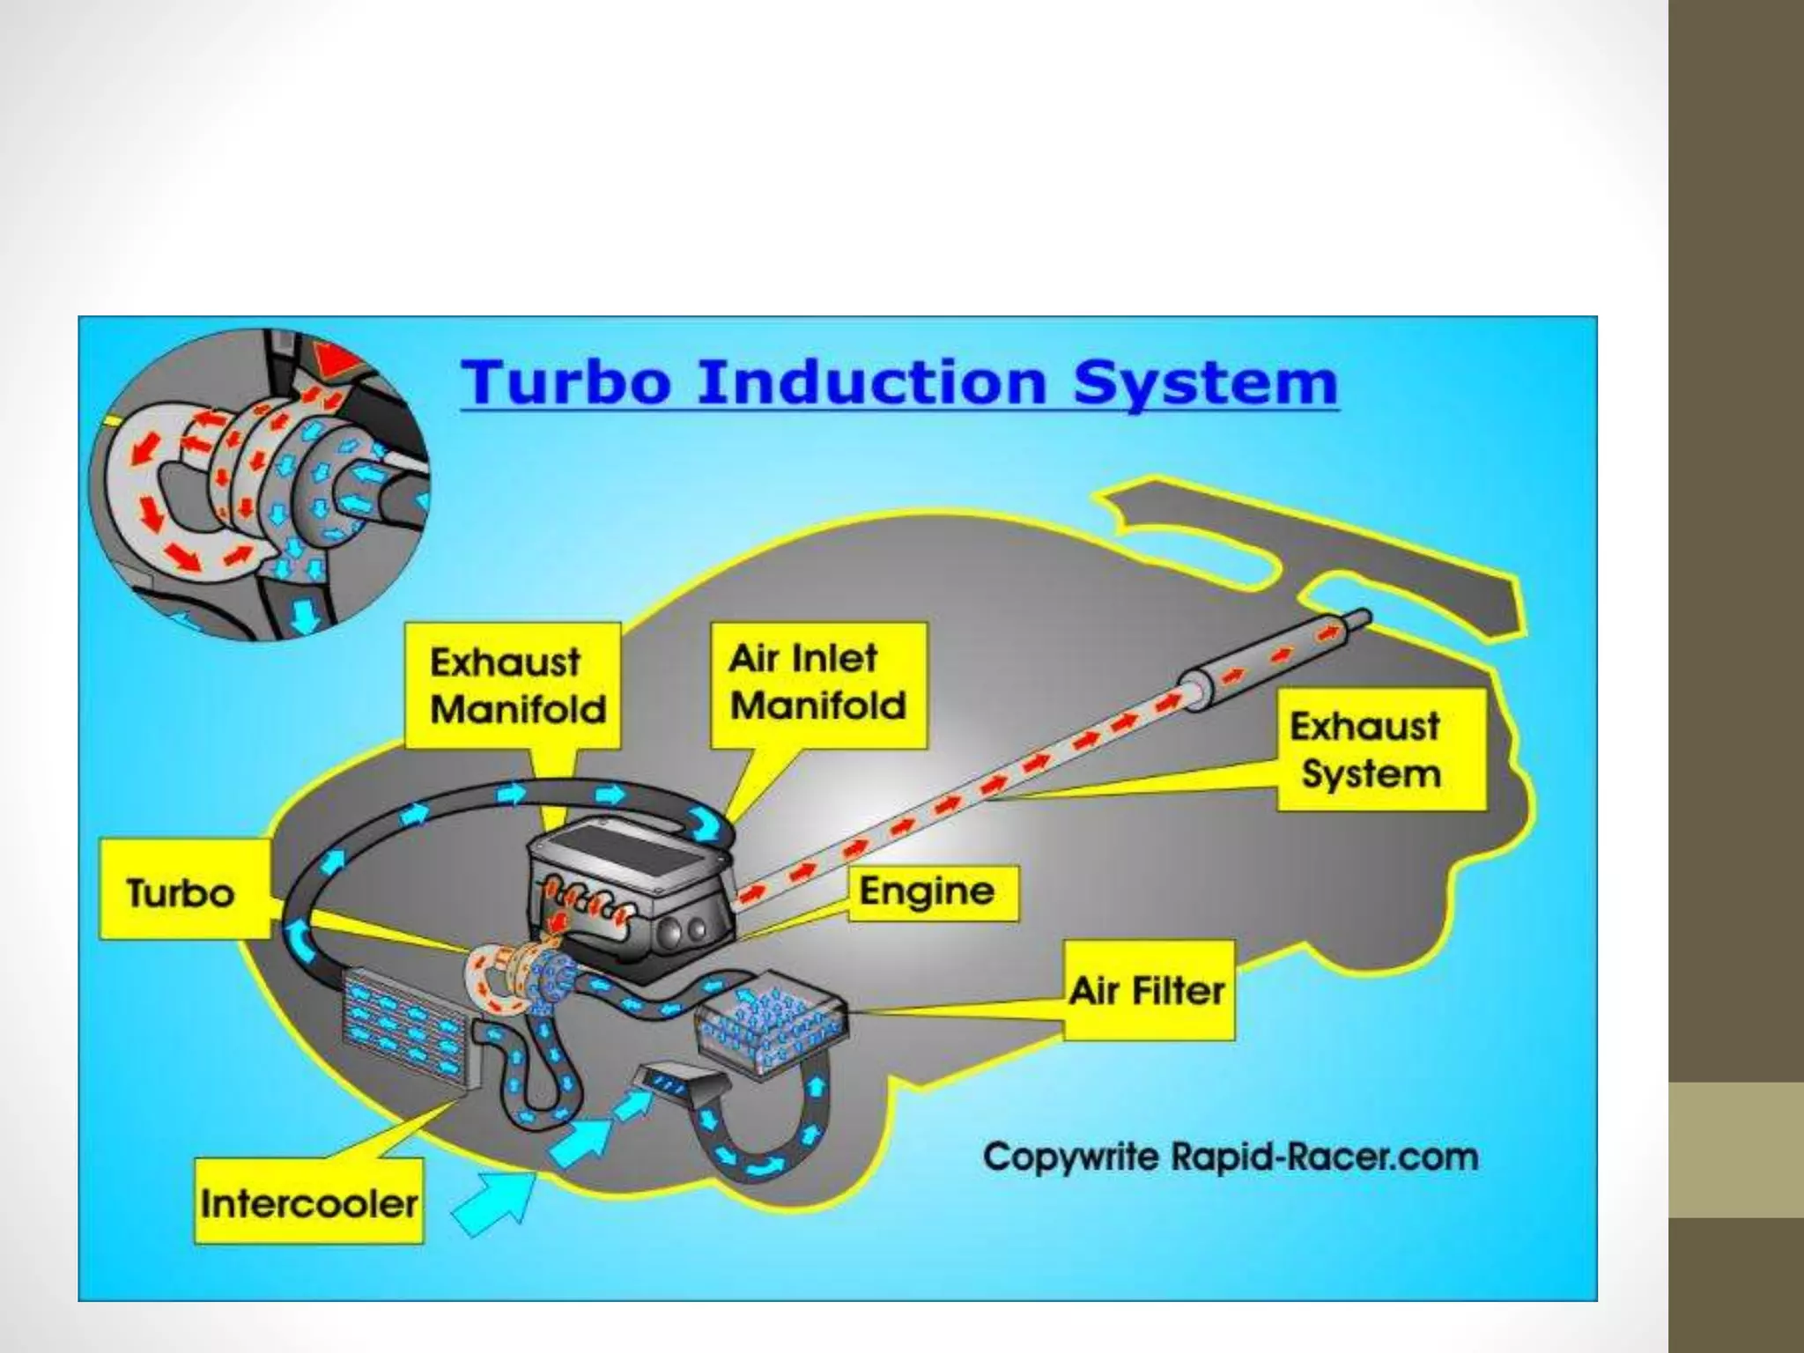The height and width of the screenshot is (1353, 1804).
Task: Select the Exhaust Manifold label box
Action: click(x=514, y=685)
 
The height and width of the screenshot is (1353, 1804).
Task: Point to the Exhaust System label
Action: click(x=1380, y=750)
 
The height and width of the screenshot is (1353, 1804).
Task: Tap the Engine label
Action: click(x=932, y=892)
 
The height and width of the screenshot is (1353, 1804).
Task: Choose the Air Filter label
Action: click(x=1148, y=991)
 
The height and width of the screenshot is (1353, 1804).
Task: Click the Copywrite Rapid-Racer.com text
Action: click(x=1230, y=1157)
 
